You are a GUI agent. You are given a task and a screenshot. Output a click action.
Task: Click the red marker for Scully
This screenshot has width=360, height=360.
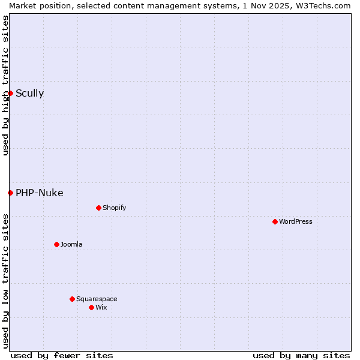click(x=10, y=93)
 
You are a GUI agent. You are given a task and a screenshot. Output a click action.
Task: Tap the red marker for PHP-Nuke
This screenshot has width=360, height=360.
click(x=10, y=193)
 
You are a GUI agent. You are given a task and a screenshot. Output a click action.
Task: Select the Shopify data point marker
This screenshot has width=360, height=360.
click(x=98, y=208)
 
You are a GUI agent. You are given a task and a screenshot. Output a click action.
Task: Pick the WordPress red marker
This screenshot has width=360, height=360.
click(x=275, y=221)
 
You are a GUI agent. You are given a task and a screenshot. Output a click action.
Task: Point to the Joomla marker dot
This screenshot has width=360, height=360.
click(x=56, y=244)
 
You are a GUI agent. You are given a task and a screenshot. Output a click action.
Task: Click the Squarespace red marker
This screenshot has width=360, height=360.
click(x=72, y=299)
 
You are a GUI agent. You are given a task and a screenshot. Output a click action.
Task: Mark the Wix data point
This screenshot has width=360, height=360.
click(x=91, y=307)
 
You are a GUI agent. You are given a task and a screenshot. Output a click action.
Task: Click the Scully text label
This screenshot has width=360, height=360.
click(x=29, y=93)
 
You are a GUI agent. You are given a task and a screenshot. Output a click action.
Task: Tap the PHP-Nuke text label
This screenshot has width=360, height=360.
click(x=39, y=193)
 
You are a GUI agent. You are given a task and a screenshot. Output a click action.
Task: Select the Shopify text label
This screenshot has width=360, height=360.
click(x=114, y=208)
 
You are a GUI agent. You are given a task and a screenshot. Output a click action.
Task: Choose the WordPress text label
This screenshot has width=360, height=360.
click(x=295, y=221)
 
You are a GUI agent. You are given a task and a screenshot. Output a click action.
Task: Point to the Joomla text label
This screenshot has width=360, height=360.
click(x=71, y=244)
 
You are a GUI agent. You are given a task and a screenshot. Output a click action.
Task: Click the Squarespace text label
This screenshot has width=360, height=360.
click(x=97, y=299)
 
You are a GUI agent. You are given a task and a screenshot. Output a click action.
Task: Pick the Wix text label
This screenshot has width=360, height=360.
click(x=101, y=307)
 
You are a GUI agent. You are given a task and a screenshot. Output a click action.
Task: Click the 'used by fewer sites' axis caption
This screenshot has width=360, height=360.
click(x=62, y=355)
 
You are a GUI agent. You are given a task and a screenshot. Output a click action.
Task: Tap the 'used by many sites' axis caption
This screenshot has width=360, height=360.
click(x=301, y=355)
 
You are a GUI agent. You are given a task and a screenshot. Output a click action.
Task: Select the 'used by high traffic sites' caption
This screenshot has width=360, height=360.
click(x=5, y=85)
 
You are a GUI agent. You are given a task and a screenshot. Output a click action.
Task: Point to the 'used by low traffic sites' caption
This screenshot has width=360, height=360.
click(x=5, y=281)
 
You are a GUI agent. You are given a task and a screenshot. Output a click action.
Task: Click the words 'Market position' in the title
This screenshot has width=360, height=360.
click(x=35, y=5)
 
